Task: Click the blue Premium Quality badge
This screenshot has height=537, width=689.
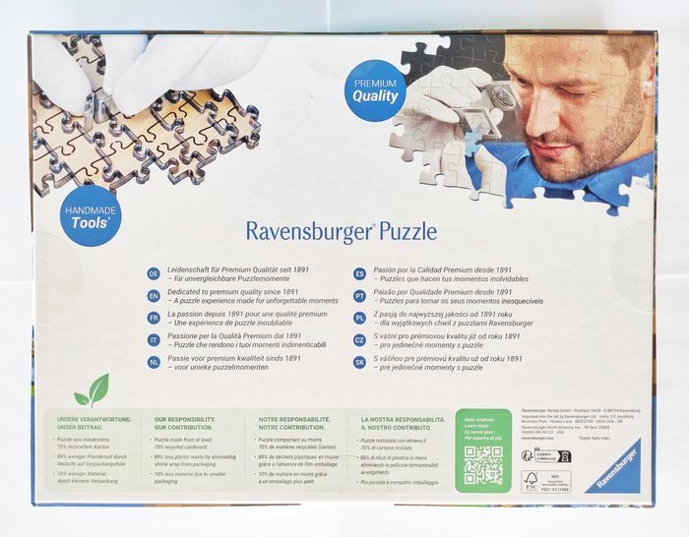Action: pyautogui.click(x=375, y=90)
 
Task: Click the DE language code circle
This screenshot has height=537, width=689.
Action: pyautogui.click(x=154, y=273)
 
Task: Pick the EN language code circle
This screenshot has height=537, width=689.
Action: pyautogui.click(x=154, y=295)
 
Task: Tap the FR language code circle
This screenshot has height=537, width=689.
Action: pyautogui.click(x=154, y=318)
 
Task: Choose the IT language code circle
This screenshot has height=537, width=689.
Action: pyautogui.click(x=154, y=340)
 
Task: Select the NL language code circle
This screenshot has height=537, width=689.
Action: pyautogui.click(x=154, y=362)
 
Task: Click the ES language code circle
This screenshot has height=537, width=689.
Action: pyautogui.click(x=359, y=273)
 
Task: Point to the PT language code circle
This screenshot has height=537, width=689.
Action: pyautogui.click(x=359, y=295)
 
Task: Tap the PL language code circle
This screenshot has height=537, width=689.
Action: pyautogui.click(x=359, y=318)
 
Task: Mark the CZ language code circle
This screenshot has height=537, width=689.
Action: pyautogui.click(x=359, y=340)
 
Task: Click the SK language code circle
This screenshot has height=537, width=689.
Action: pyautogui.click(x=359, y=362)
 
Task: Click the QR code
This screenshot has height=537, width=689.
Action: pyautogui.click(x=482, y=465)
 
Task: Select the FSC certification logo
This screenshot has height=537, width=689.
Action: pyautogui.click(x=531, y=481)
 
